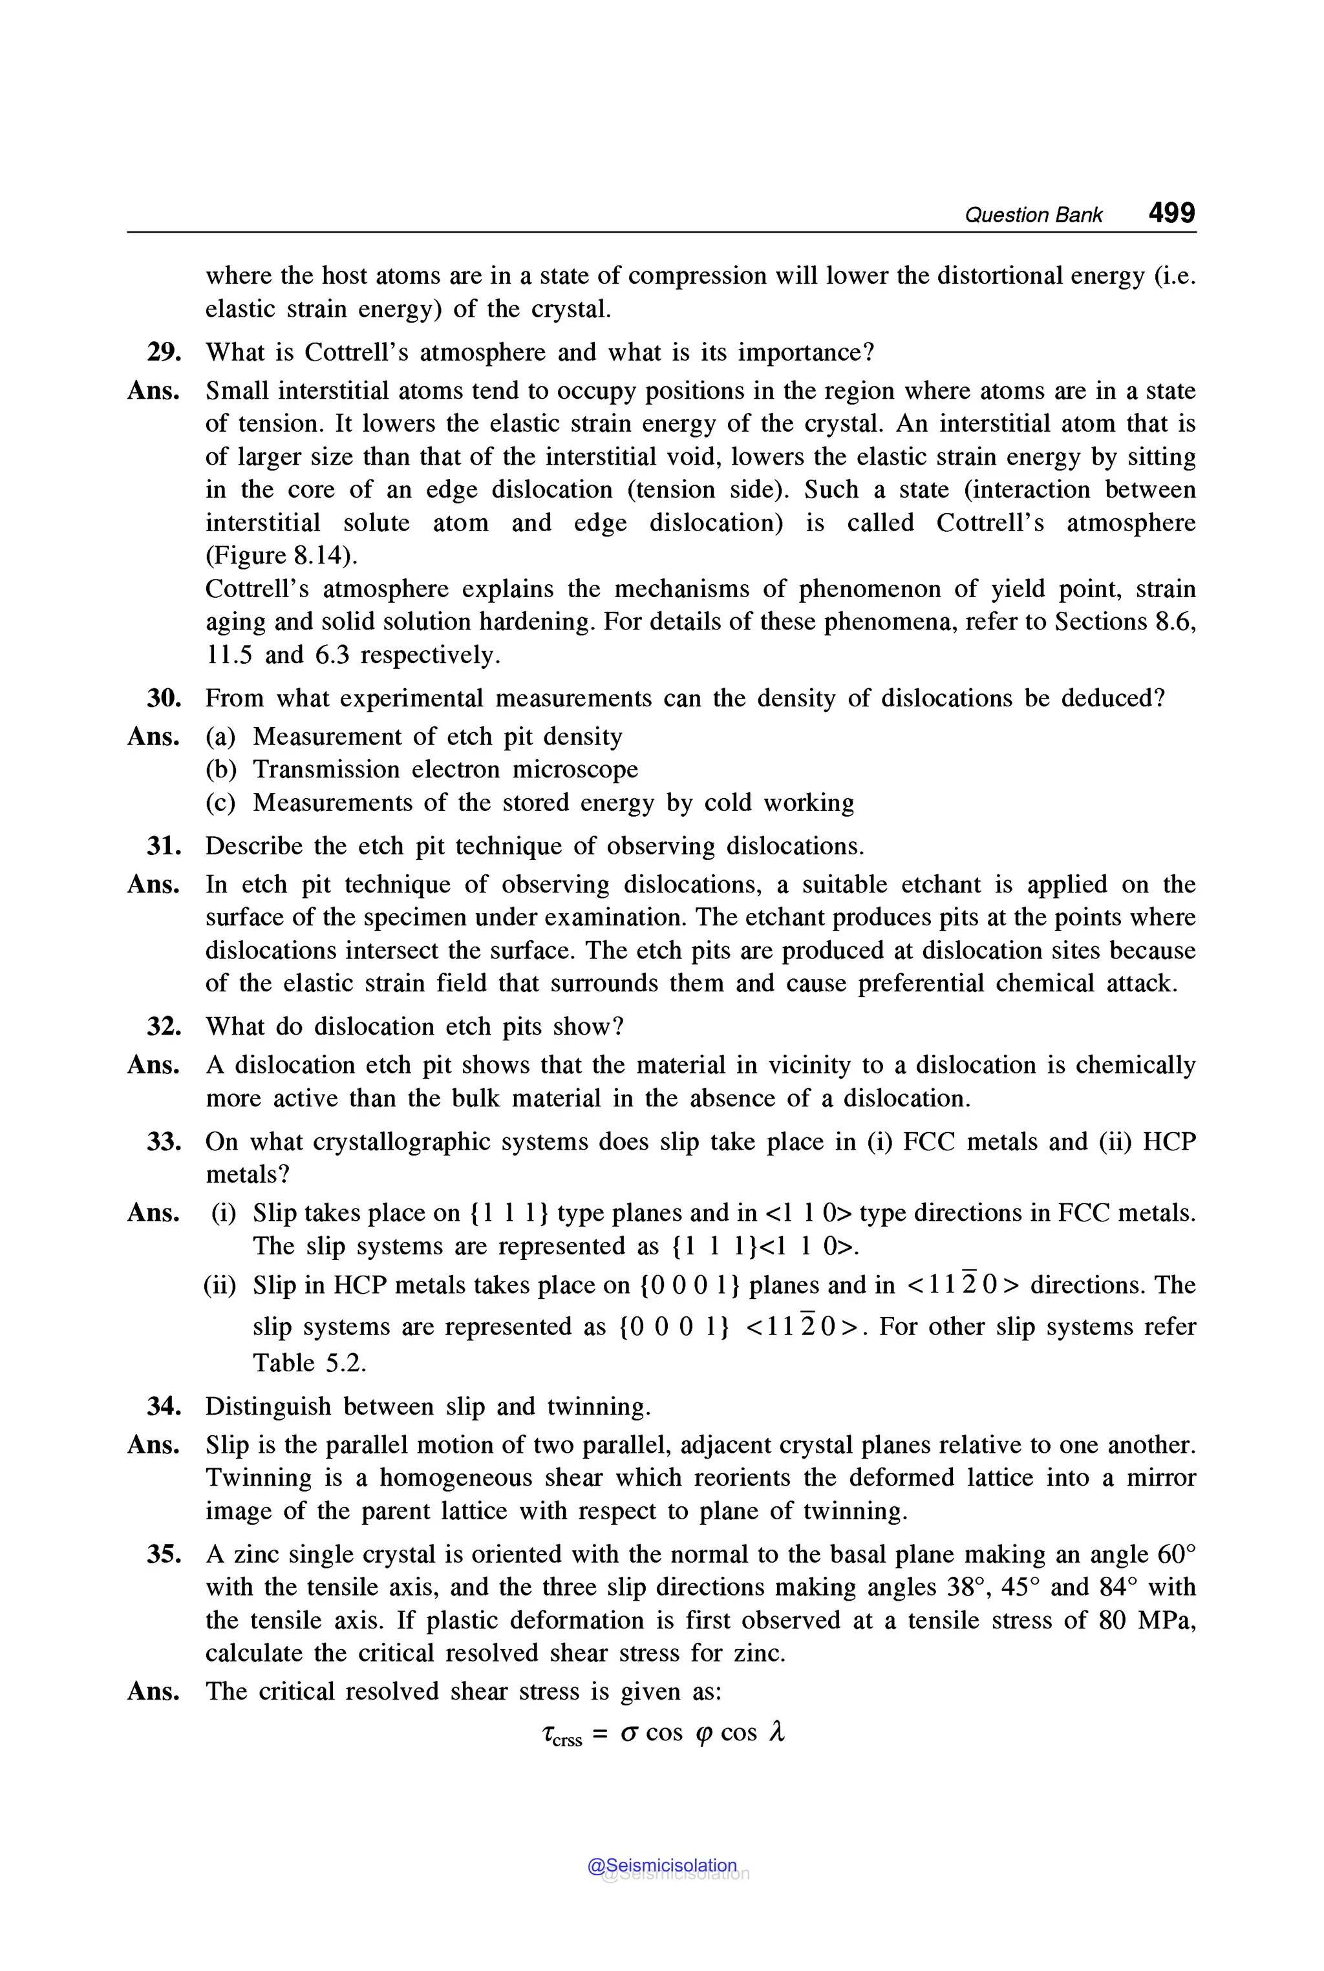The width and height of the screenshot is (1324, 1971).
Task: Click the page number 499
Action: pos(1171,213)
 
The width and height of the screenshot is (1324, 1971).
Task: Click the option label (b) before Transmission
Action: pos(221,770)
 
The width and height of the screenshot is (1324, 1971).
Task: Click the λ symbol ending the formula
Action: pos(778,1732)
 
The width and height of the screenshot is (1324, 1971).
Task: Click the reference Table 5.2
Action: pos(309,1362)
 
